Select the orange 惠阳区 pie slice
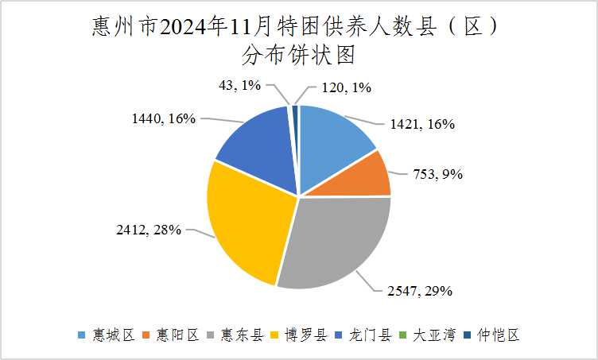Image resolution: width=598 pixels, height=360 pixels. (x=362, y=176)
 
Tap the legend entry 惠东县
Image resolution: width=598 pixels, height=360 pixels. (x=241, y=335)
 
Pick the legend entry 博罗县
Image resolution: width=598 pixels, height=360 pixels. (x=305, y=335)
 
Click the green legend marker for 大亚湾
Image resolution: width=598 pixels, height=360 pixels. (x=402, y=336)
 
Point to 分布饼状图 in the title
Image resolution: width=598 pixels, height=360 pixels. (x=298, y=55)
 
